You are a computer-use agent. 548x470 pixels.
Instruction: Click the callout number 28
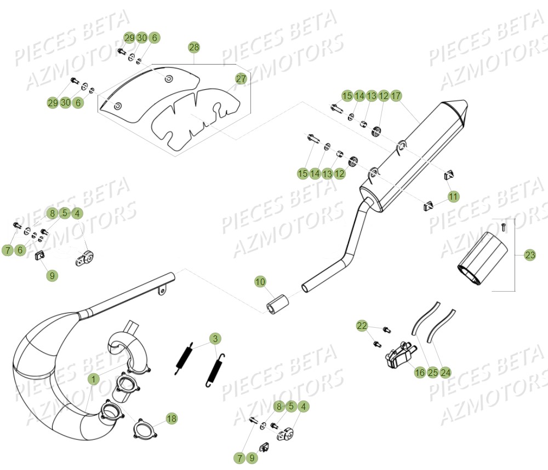coord(194,47)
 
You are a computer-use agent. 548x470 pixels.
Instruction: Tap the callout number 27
coord(241,79)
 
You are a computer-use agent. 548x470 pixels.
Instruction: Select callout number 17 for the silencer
coord(396,96)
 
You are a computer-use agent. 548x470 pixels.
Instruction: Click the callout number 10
coord(260,282)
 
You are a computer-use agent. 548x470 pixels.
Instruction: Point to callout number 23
coord(530,255)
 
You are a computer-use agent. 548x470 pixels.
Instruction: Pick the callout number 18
coord(171,419)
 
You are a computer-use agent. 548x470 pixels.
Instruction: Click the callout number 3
coord(215,339)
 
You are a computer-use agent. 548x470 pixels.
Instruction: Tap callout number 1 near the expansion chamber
coord(93,379)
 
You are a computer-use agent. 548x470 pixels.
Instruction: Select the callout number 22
coord(362,326)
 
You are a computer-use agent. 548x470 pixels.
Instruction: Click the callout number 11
coord(453,197)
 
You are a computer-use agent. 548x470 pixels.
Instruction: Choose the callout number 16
coord(420,373)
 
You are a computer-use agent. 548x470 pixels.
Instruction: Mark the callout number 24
coord(445,373)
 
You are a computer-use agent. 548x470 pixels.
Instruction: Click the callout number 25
coord(433,373)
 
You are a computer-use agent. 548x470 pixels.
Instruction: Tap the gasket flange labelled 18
coord(145,428)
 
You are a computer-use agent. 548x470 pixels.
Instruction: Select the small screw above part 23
coord(504,227)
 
